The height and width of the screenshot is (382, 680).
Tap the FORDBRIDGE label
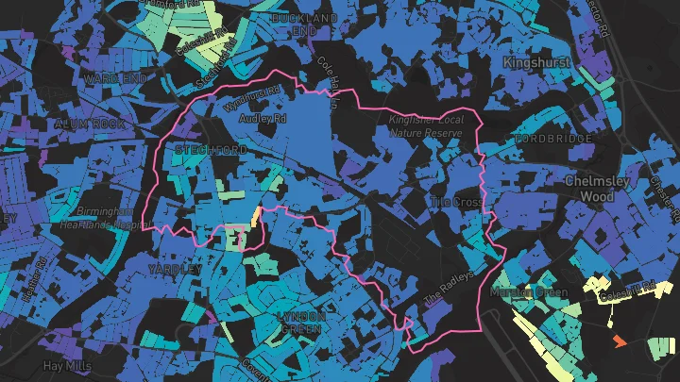click(x=554, y=138)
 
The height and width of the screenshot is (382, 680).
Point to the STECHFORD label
click(x=211, y=150)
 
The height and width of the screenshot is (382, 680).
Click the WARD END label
click(x=113, y=76)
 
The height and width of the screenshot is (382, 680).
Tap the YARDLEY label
click(x=175, y=269)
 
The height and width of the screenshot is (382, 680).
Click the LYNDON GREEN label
click(x=302, y=323)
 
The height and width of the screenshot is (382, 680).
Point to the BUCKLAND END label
click(x=305, y=25)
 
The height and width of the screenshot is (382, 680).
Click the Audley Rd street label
click(x=263, y=120)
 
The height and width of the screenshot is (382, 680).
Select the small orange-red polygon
click(x=620, y=340)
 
